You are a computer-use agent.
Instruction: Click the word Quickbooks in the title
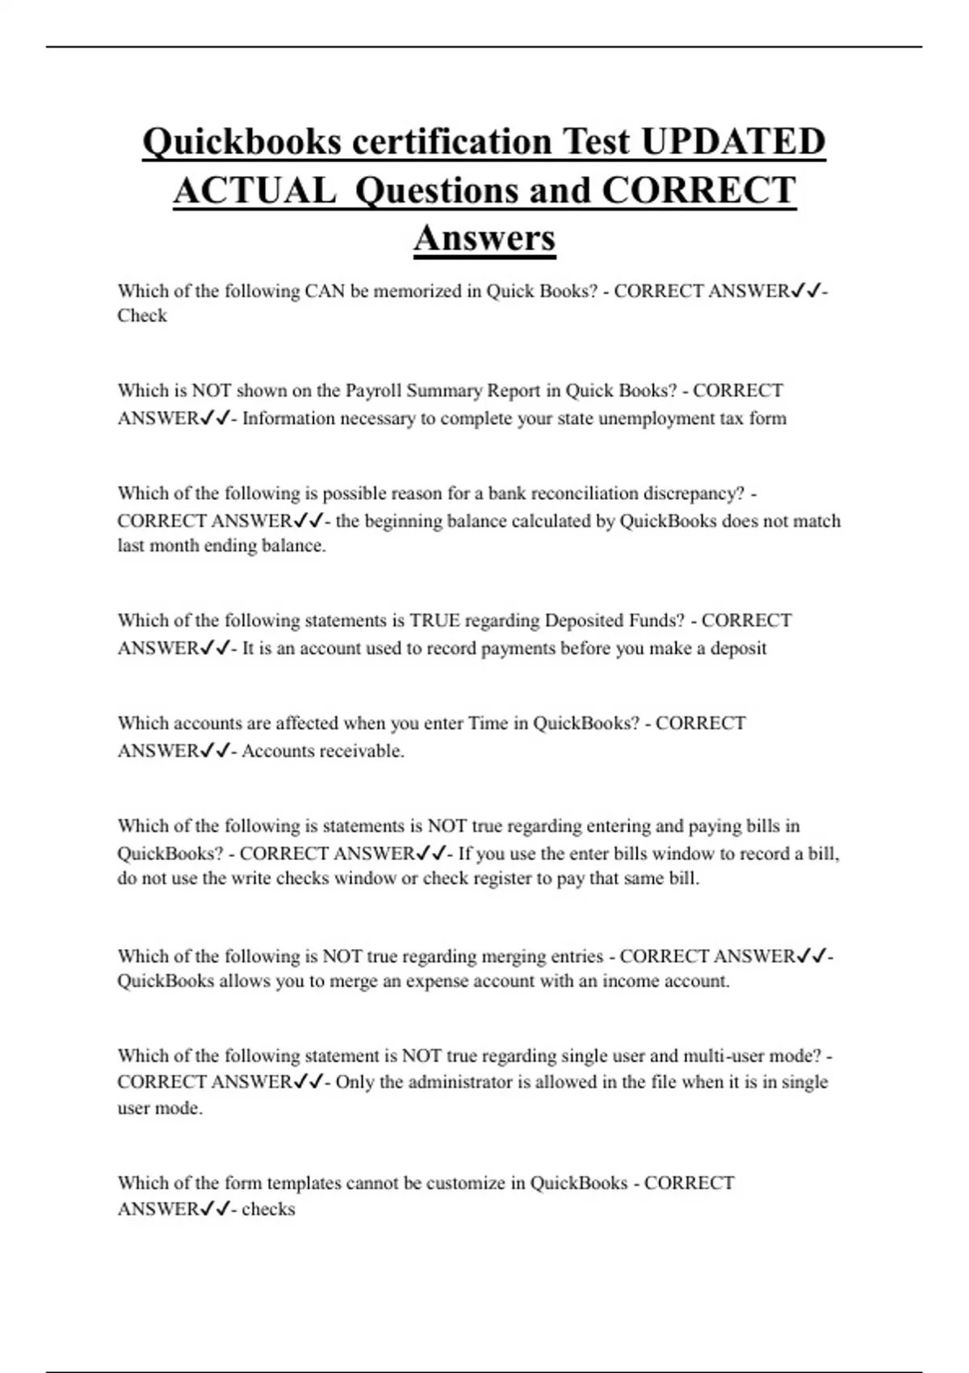click(241, 142)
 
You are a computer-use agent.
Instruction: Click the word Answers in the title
click(484, 238)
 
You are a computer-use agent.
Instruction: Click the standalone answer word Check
click(142, 316)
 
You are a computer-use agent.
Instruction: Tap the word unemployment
click(656, 418)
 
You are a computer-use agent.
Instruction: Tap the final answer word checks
click(268, 1210)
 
